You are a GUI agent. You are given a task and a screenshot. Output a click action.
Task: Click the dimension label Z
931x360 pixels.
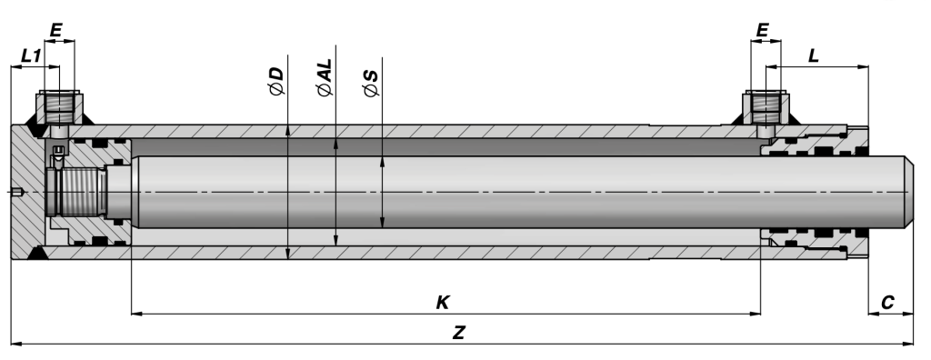(459, 333)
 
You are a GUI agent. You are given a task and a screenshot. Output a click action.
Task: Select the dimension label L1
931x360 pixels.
(31, 56)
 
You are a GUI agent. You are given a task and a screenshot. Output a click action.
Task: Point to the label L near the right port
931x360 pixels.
(813, 55)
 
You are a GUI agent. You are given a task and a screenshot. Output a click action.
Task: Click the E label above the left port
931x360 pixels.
(56, 31)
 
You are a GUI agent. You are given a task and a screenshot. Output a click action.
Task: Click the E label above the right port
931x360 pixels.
(762, 31)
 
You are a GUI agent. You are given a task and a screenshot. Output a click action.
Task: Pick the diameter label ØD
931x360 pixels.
(277, 80)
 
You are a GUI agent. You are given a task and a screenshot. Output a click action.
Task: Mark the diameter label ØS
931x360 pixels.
(371, 80)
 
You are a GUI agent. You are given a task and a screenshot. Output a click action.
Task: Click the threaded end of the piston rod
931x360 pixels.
(81, 193)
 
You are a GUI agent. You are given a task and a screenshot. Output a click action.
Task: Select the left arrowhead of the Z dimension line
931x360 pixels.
(15, 344)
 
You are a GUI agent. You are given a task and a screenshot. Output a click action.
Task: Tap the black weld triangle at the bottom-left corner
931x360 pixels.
(36, 255)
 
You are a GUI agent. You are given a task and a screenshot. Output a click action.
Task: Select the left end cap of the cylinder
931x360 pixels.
(27, 193)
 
